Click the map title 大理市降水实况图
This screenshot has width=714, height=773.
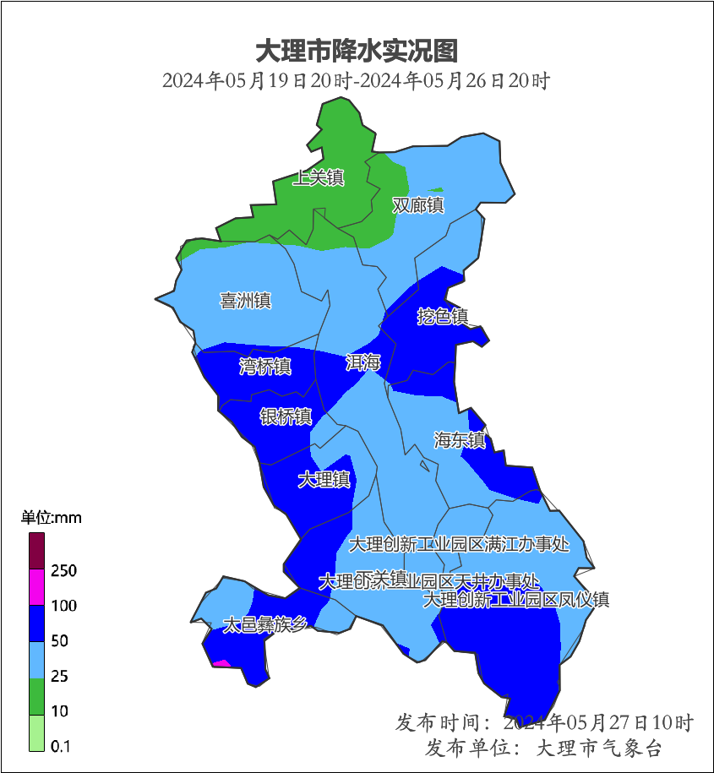(x=356, y=51)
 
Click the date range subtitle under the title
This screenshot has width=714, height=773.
(x=356, y=81)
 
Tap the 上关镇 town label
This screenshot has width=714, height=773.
(x=319, y=178)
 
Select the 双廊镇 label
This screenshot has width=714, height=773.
(x=418, y=205)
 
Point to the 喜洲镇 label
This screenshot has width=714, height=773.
(x=245, y=301)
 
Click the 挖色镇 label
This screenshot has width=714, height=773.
(x=443, y=317)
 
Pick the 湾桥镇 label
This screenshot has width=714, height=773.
(x=265, y=367)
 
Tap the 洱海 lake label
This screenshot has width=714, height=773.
(x=363, y=363)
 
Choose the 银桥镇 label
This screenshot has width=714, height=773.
(x=286, y=416)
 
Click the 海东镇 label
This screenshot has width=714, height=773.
(x=460, y=440)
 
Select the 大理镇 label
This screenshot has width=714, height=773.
(x=324, y=480)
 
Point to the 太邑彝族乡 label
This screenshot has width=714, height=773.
(x=264, y=625)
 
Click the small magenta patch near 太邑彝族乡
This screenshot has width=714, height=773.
(x=221, y=664)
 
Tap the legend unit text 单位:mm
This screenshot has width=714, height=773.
(x=51, y=518)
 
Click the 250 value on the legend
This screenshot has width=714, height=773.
(x=63, y=571)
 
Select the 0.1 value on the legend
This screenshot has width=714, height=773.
(x=60, y=747)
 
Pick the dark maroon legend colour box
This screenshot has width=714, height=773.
(x=36, y=551)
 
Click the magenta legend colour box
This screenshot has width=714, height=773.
(x=36, y=587)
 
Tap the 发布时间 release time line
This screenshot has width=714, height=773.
(x=544, y=723)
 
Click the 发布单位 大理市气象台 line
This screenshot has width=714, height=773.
(x=544, y=749)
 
